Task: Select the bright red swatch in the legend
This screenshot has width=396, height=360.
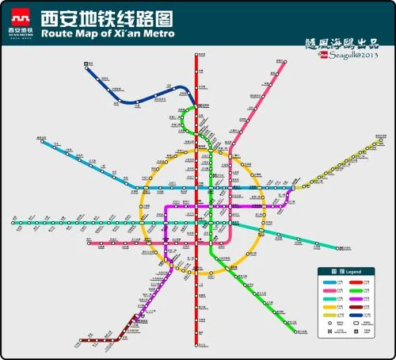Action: coord(361,281)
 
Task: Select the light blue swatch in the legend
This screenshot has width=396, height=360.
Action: coord(327,281)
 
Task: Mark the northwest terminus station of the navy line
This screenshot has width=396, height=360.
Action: coord(85,68)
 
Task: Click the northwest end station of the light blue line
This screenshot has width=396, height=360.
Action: coord(40,140)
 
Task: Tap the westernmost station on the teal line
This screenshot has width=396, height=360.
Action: coord(14,223)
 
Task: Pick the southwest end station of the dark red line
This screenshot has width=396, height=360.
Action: coord(80,341)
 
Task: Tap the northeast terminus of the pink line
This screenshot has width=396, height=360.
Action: coord(281,62)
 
